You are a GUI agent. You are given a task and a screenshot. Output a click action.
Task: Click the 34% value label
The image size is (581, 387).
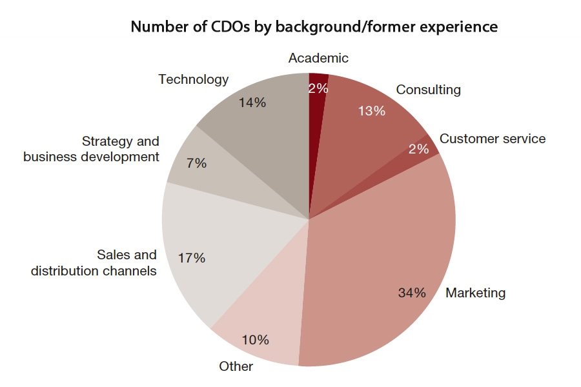[412, 293]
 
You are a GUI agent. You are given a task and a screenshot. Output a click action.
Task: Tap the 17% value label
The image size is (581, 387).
[192, 258]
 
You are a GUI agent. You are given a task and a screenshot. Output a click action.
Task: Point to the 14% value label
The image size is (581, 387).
[252, 102]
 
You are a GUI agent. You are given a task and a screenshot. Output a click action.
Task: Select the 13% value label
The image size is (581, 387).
[371, 111]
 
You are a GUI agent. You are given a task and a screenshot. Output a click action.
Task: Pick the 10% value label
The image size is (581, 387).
[255, 340]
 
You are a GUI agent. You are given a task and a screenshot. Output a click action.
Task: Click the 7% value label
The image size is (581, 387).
[196, 164]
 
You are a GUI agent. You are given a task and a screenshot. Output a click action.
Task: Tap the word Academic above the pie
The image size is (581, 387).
[318, 58]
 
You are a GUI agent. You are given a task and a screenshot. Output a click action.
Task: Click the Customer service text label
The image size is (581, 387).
[492, 139]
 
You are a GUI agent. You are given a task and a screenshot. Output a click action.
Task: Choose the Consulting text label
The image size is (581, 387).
[429, 90]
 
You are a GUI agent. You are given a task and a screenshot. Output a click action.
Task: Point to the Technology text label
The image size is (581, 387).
[194, 79]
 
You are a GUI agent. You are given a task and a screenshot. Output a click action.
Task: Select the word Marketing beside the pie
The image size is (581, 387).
[476, 293]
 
